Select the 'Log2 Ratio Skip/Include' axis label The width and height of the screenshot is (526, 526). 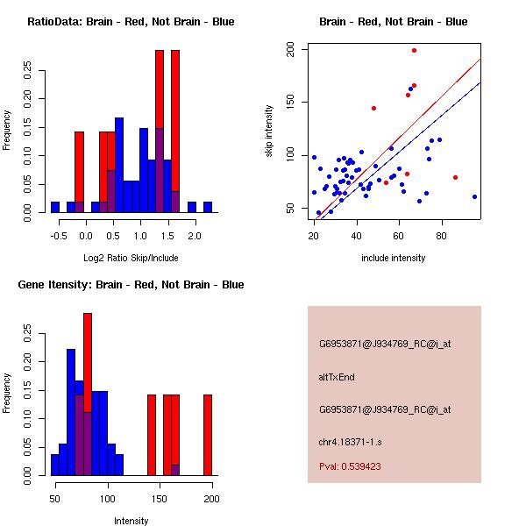[131, 258]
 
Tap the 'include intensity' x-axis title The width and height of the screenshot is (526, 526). [394, 258]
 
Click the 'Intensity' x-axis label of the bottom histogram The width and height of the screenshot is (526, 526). [131, 521]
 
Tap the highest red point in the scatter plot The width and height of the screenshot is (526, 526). [414, 51]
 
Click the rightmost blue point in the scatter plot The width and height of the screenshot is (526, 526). [474, 196]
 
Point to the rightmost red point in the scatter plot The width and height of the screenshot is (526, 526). [455, 177]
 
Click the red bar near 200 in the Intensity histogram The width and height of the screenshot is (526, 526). [208, 435]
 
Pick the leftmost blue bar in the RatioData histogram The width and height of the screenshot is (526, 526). [55, 207]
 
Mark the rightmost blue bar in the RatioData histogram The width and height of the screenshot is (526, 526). [208, 207]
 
